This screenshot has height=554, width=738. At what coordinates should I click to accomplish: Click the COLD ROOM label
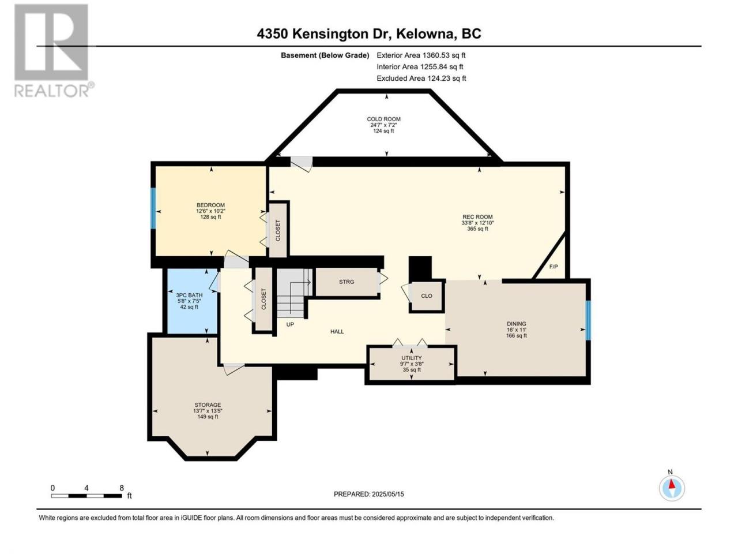pos(383,119)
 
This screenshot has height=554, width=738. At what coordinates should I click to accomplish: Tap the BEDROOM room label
pos(210,205)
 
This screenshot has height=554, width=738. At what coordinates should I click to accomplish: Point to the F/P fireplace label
pos(553,267)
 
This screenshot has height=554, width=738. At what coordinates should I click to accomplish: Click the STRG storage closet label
pos(347,282)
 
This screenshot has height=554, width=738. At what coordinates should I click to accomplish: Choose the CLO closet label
pos(427,296)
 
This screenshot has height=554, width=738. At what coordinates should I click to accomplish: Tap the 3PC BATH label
pos(189,295)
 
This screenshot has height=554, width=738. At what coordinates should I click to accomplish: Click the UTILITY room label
pos(412,358)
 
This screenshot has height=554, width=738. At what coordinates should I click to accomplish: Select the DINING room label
pos(517,324)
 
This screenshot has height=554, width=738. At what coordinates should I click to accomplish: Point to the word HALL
pos(337,332)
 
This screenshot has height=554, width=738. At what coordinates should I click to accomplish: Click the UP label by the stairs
pos(290,324)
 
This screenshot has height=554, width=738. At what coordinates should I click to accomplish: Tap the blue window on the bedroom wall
pos(153,208)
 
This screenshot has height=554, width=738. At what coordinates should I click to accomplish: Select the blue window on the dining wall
pos(589,320)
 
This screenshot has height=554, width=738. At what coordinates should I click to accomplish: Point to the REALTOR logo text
pos(52,91)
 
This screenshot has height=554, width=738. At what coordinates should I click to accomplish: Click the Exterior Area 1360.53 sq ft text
pos(421,55)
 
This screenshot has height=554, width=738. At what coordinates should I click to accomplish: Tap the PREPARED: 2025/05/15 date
pos(369,494)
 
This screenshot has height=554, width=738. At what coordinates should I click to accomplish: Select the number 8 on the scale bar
pos(122,488)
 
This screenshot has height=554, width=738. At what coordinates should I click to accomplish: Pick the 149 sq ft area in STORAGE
pos(208,417)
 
